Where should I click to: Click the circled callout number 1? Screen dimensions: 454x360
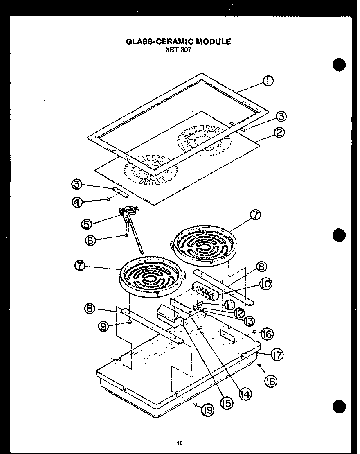point(268,81)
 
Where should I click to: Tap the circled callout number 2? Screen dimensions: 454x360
point(280,133)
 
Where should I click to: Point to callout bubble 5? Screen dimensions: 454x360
point(87,224)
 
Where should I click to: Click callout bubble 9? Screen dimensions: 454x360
point(104,326)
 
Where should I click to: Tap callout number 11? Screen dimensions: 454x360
point(229,305)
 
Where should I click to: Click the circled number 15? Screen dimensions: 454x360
point(226,403)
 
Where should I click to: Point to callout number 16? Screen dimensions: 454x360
point(266,334)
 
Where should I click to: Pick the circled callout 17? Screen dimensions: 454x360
point(277,355)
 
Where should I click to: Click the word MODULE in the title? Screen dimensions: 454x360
point(212,41)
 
